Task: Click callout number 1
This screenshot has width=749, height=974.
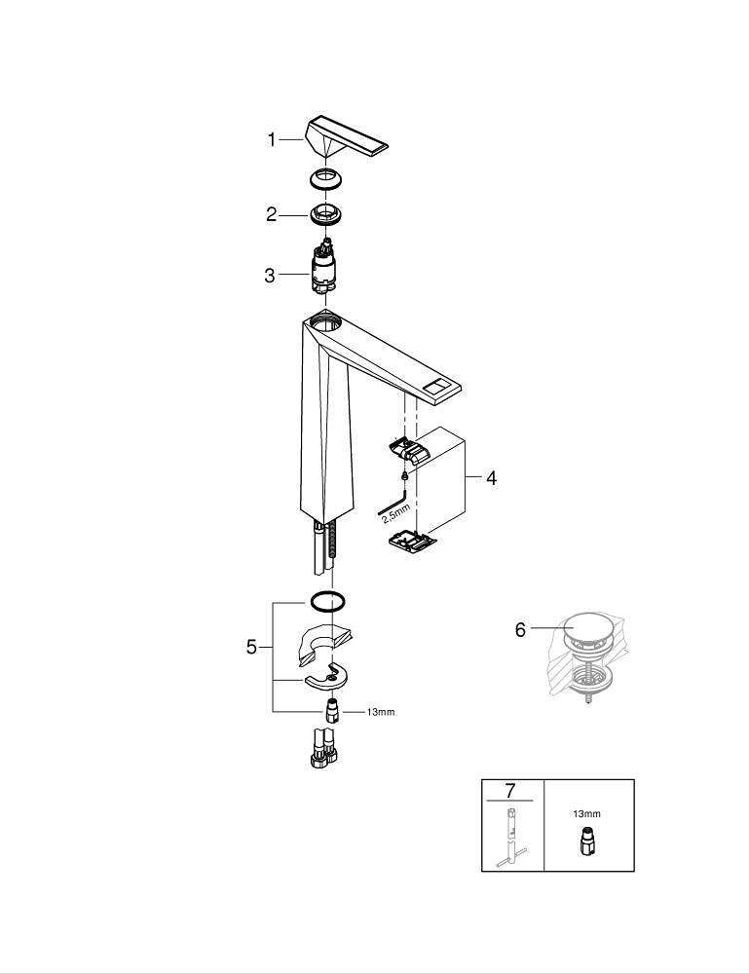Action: (x=273, y=140)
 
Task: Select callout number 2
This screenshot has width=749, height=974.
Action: (x=273, y=215)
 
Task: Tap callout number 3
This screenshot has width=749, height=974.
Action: (x=270, y=276)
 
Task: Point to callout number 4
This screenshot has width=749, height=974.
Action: (x=491, y=478)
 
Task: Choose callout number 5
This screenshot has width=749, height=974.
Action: (x=251, y=646)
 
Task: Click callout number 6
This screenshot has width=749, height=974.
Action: (x=520, y=630)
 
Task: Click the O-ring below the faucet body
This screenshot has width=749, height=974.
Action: (x=328, y=600)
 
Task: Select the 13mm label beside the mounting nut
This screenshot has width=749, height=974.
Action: (x=381, y=712)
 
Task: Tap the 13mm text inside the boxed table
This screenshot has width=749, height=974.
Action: (x=587, y=813)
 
